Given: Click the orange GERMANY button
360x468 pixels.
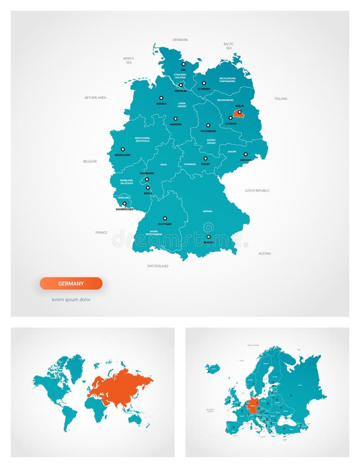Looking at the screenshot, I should pos(71,283).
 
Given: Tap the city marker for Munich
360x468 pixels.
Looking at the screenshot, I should pos(208,237).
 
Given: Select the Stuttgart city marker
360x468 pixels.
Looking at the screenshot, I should pos(165,218).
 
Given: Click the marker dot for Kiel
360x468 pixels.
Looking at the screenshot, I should pos(183,64).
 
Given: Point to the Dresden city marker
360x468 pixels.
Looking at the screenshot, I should pos(246,154).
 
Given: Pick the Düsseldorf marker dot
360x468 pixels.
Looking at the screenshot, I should pos(123,149).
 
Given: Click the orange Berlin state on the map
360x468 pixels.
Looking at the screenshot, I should pos(238,113).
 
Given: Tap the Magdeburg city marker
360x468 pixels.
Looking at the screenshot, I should pos(208,125).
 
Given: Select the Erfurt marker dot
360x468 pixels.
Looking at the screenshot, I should pos(205,158).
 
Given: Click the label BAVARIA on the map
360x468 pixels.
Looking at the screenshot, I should pos(208,211).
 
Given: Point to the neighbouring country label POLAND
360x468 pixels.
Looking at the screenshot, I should pos(281,98).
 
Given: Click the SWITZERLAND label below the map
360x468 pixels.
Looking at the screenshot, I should pos(158,266).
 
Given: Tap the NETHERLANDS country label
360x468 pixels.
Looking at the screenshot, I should pos(95,97).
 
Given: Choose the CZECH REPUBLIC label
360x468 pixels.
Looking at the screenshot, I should pos(257,190).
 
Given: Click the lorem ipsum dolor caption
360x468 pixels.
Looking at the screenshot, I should pos(71,300).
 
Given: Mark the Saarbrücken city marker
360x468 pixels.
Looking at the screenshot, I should pos(124,204).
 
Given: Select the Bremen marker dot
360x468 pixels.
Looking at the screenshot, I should pos(161,98).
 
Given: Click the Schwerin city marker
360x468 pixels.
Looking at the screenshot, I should pos(204,83).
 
